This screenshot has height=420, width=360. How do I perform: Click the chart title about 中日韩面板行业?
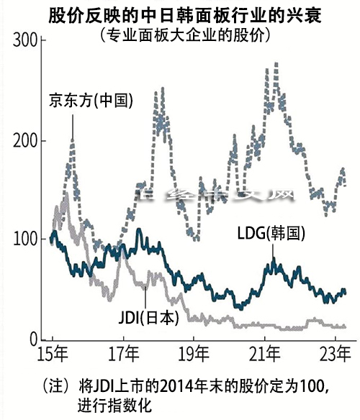coord(180,14)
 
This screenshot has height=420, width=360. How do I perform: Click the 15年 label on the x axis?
coord(54,354)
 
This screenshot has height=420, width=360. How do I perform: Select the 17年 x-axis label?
coord(125,354)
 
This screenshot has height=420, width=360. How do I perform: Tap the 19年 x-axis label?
coord(194,354)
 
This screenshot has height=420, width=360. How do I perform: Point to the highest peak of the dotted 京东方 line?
coord(276,65)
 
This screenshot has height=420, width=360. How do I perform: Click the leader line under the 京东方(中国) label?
coord(72,126)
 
